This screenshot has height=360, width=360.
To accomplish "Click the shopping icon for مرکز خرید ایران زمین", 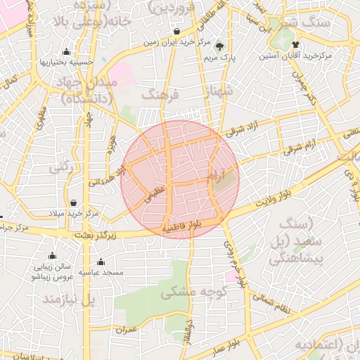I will click(176, 32).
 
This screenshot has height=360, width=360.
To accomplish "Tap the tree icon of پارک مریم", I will click(223, 44).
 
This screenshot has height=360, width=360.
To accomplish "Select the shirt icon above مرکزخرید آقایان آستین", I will click(285, 44).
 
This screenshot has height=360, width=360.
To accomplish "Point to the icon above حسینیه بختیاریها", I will click(66, 51).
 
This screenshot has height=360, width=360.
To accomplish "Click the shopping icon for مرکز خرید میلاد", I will click(72, 202).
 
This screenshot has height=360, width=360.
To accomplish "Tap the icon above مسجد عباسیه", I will click(100, 262).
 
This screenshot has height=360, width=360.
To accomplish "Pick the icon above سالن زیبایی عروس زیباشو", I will click(52, 256).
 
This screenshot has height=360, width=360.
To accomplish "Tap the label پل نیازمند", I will click(68, 300).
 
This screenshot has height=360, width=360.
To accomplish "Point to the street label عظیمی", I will click(154, 195).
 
